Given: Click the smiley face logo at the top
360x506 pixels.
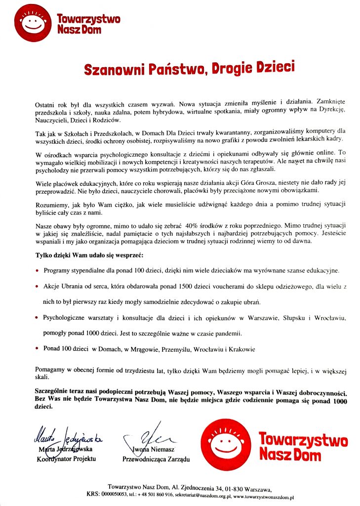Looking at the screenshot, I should [34, 22].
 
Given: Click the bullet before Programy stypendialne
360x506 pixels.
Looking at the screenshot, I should [38, 271].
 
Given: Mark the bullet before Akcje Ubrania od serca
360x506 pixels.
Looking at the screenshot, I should [38, 286].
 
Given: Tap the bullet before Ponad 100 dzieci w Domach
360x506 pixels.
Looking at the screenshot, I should [38, 348].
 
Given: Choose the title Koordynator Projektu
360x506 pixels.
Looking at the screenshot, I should [66, 459].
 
